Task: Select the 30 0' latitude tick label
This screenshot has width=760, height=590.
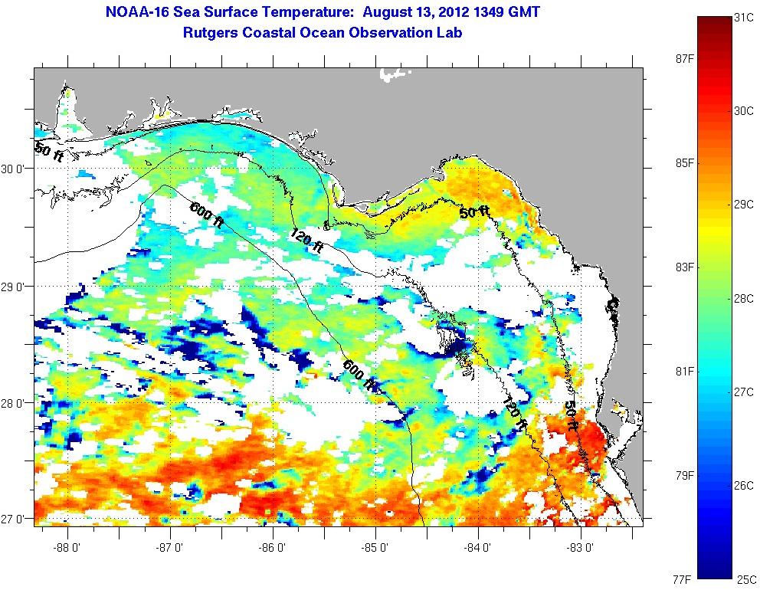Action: coord(16,169)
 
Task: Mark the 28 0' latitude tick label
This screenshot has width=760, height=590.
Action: coord(16,403)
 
